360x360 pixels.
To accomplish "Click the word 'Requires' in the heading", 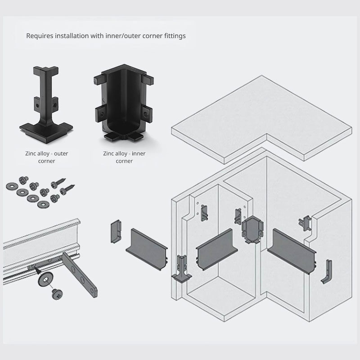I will pyautogui.click(x=40, y=36).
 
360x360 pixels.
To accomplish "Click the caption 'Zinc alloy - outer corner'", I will pyautogui.click(x=47, y=157).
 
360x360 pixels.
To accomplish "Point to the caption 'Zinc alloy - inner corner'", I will pyautogui.click(x=124, y=157).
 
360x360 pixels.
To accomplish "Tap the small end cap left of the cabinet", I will pyautogui.click(x=117, y=230).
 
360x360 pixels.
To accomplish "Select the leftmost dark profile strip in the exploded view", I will pyautogui.click(x=148, y=248).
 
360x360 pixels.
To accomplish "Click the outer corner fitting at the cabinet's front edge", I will pyautogui.click(x=183, y=269).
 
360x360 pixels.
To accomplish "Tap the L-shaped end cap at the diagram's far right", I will pyautogui.click(x=327, y=272).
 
